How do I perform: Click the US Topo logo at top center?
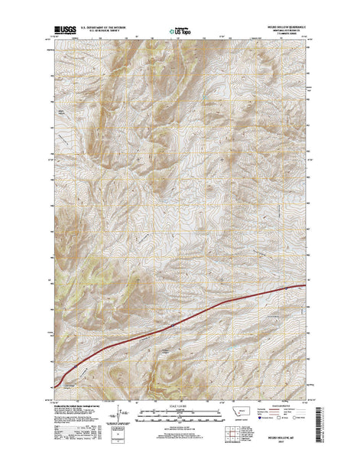(x=180, y=32)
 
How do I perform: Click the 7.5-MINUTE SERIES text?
(x=288, y=37)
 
